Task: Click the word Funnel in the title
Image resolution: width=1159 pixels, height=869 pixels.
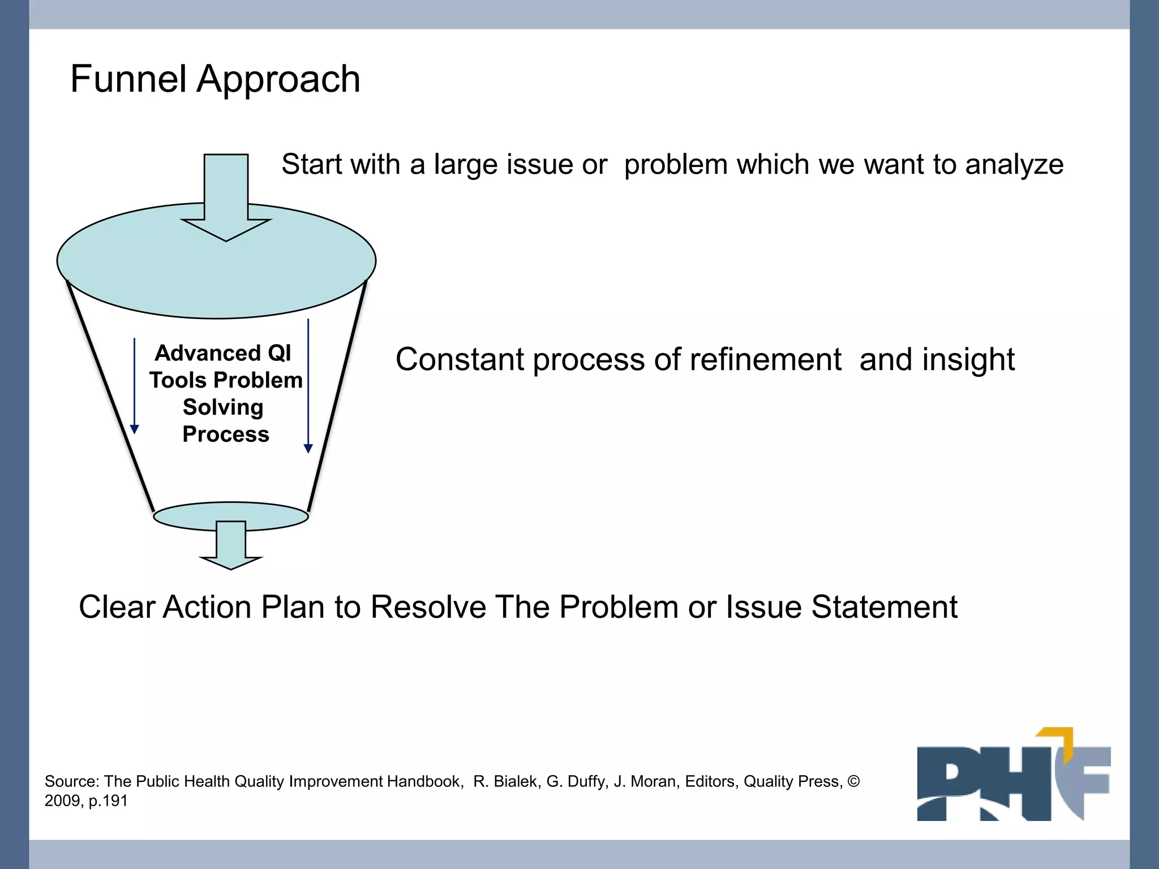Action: click(128, 79)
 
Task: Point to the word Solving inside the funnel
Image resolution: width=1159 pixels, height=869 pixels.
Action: click(223, 407)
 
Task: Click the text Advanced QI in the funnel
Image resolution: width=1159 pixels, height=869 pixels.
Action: click(223, 353)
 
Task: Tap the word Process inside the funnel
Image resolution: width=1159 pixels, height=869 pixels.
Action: click(225, 434)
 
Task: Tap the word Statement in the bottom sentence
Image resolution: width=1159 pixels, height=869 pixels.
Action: click(884, 607)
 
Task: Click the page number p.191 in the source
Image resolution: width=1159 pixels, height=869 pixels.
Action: click(108, 801)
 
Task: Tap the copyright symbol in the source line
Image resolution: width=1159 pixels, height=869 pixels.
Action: click(853, 781)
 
